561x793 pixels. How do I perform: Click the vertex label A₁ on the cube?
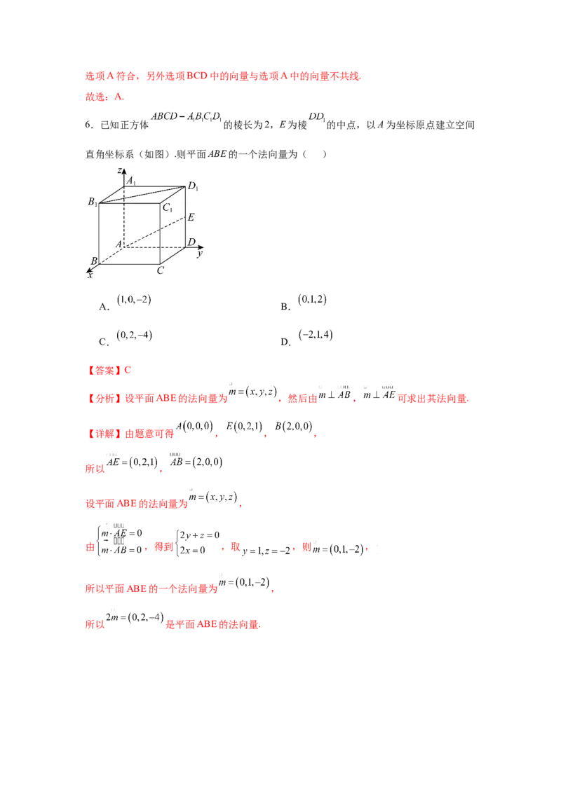coord(131,181)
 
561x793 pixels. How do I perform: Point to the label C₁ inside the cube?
coord(168,207)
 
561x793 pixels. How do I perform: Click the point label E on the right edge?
coord(191,218)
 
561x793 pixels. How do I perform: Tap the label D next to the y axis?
coord(191,242)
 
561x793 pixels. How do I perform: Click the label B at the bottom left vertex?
coord(93,261)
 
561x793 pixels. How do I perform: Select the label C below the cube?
coord(161,270)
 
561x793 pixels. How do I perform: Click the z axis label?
coord(121,169)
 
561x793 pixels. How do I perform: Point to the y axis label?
coord(199,253)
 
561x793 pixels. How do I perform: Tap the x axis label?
coord(90,275)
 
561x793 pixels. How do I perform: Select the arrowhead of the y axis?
coord(202,247)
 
